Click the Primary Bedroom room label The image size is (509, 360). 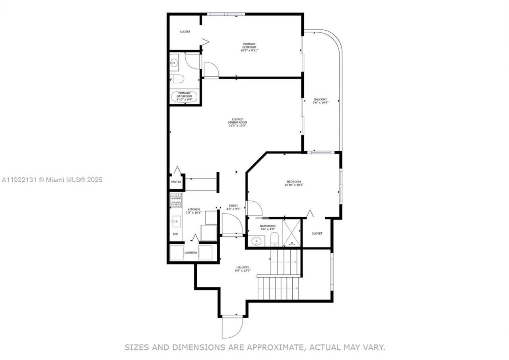(249, 45)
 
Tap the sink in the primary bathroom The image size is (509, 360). (174, 63)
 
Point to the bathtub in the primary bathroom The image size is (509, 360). (185, 97)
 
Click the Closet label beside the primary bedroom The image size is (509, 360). (185, 31)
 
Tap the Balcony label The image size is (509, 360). (321, 99)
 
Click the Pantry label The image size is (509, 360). (176, 182)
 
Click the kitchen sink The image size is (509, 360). (176, 221)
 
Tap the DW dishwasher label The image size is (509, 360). (175, 234)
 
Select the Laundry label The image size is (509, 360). (191, 253)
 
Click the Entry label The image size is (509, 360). (233, 206)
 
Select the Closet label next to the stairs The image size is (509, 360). (317, 234)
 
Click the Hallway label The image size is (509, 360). (243, 267)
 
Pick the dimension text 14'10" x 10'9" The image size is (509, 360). (294, 185)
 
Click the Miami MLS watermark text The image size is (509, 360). (52, 180)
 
